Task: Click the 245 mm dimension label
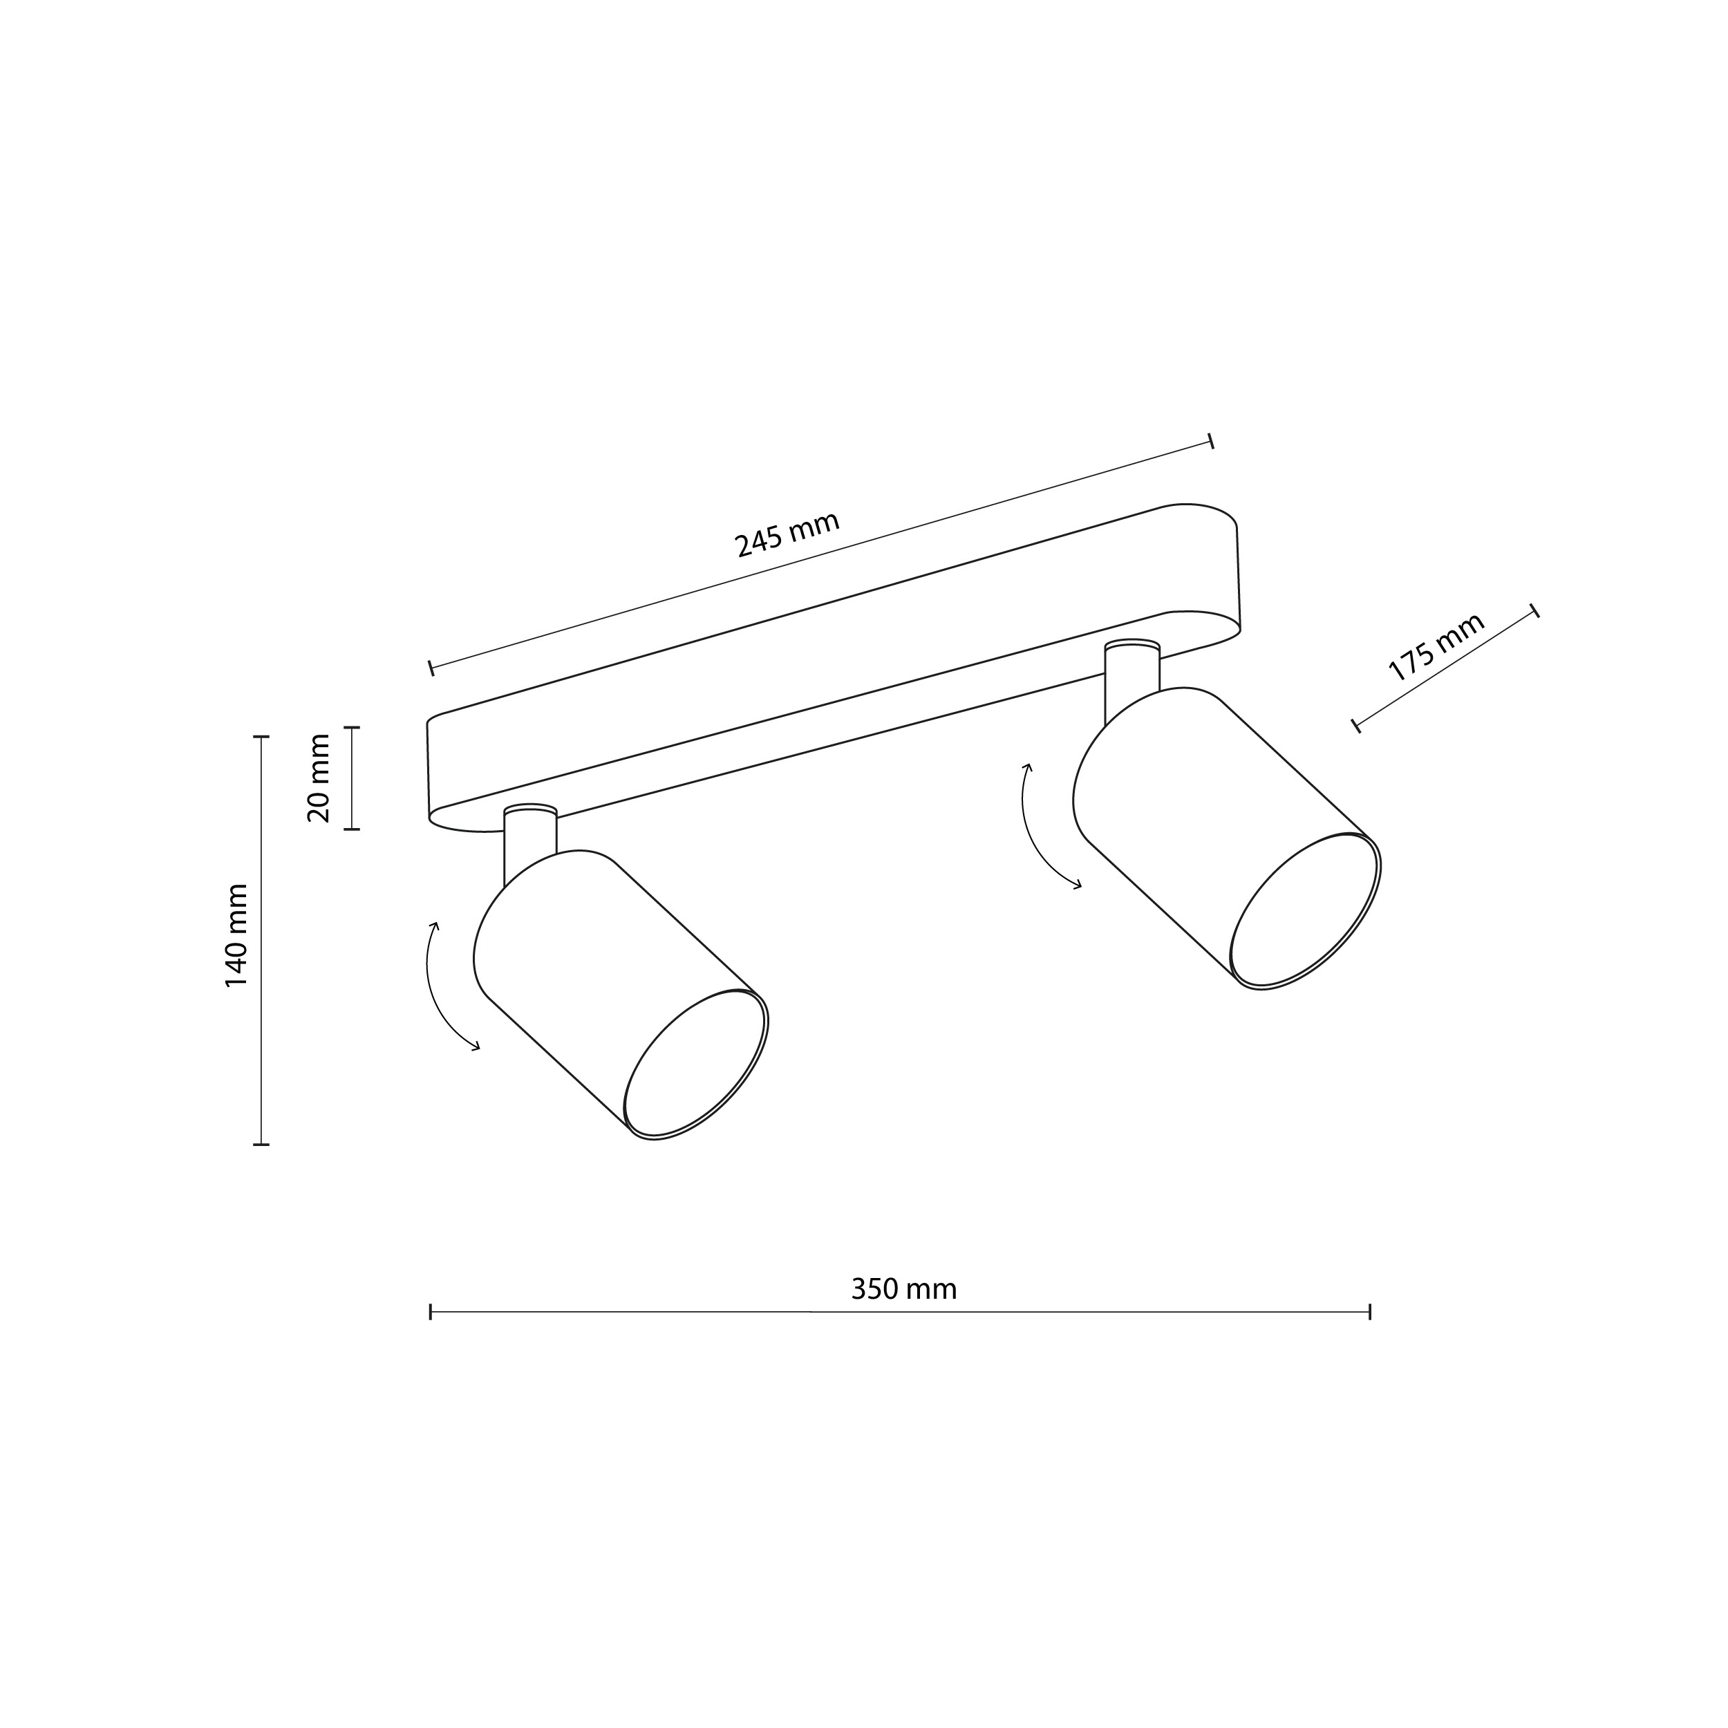point(786,534)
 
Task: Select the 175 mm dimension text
point(1436,648)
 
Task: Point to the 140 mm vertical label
point(236,936)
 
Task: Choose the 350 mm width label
point(903,1289)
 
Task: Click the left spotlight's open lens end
point(695,1064)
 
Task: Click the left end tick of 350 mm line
point(431,1312)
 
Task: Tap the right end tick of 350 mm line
point(1369,1312)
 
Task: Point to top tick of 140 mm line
point(261,736)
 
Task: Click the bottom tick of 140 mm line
point(261,1144)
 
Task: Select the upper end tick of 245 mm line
point(1210,440)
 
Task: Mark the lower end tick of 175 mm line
point(1357,725)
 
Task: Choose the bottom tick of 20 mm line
point(352,829)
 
